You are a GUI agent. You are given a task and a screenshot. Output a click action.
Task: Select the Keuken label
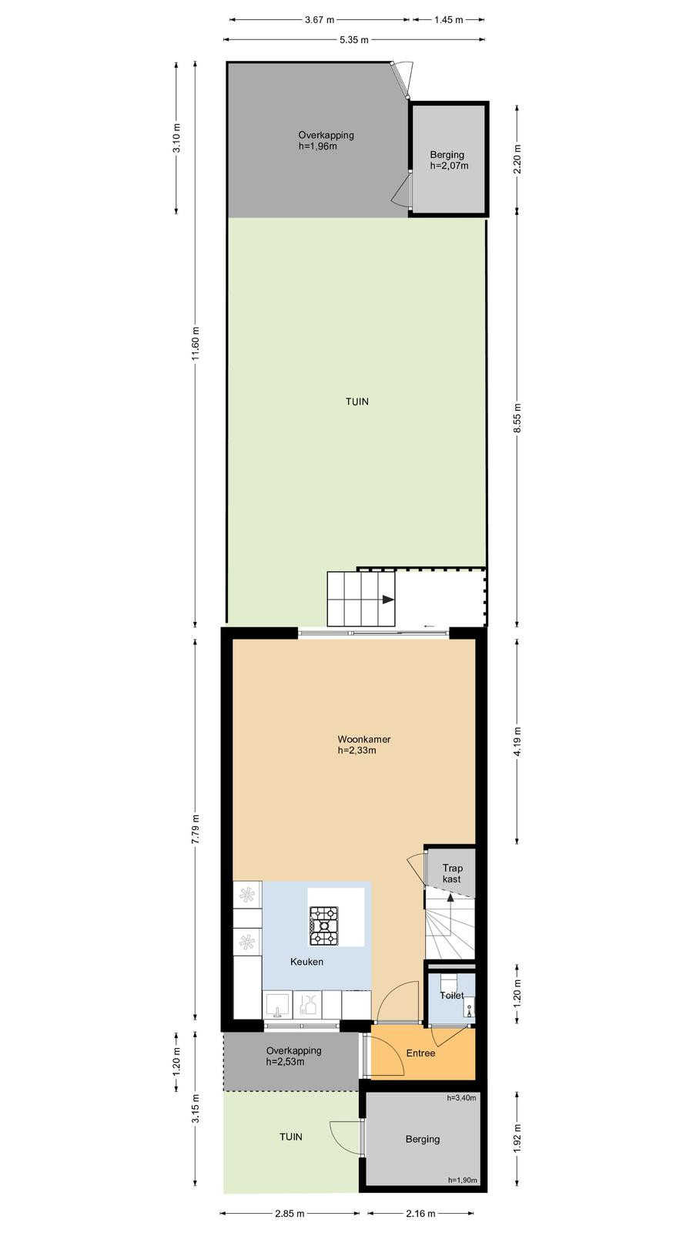point(307,962)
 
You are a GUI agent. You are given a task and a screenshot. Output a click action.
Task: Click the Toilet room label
point(451,995)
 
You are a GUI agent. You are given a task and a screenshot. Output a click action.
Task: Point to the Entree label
point(420,1053)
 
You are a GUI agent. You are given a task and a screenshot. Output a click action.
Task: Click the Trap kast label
point(452,874)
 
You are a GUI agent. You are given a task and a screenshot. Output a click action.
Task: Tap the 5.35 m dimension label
point(354,39)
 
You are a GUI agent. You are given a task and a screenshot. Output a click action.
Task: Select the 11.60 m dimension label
point(196,344)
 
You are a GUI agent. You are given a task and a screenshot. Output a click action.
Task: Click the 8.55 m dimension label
point(517,418)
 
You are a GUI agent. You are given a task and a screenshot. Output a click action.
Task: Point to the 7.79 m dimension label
point(196,829)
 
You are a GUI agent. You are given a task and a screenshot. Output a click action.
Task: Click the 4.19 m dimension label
point(517,741)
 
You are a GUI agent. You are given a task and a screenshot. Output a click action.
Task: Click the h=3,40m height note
point(461,1097)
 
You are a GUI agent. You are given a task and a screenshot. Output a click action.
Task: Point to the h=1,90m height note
point(463,1180)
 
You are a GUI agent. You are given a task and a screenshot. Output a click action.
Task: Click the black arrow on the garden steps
point(388,600)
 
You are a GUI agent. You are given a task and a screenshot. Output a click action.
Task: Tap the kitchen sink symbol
point(276,1004)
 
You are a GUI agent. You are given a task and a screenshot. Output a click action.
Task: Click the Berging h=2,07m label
point(449,160)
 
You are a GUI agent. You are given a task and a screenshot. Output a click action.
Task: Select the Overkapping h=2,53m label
point(293,1057)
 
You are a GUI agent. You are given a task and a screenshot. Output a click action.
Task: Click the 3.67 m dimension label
point(320,20)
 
